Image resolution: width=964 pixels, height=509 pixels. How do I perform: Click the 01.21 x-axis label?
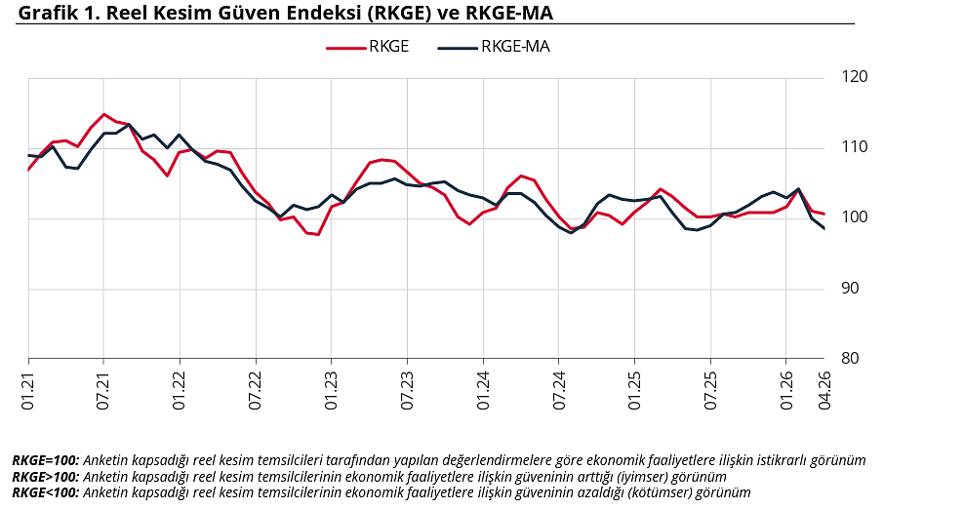point(29,387)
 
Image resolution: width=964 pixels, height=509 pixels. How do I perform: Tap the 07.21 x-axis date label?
point(104,387)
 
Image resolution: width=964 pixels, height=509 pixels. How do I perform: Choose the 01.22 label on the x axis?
point(181,387)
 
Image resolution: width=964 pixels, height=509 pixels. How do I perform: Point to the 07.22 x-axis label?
point(256,387)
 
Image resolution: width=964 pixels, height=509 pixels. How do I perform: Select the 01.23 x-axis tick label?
point(332,387)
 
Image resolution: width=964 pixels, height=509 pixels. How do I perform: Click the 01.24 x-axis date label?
point(483,387)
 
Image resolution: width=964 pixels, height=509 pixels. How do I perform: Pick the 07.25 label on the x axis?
point(710,387)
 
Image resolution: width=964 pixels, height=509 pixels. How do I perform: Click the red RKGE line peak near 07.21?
point(104,114)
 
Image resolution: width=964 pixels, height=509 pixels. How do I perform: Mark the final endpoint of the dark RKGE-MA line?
point(824,228)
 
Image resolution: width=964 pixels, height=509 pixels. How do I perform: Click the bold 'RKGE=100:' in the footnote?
point(46,460)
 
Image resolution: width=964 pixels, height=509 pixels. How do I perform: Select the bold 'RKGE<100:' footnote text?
point(46,492)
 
